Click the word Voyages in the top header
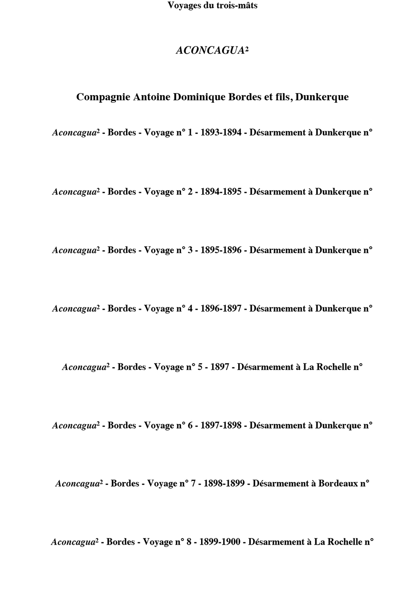182,6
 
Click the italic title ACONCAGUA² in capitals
212,50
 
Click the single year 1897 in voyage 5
220,367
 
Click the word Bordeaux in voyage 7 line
339,483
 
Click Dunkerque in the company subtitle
322,97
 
